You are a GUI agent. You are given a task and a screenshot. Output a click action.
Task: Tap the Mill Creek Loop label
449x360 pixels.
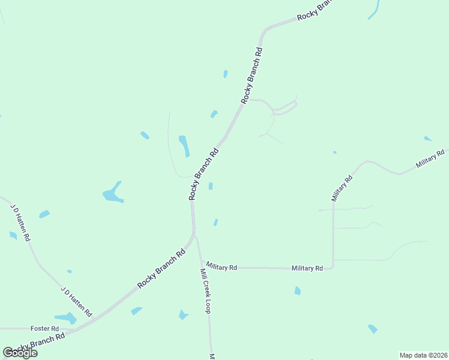click(x=205, y=290)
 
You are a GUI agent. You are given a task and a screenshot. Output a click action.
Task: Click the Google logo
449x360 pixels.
click(x=20, y=353)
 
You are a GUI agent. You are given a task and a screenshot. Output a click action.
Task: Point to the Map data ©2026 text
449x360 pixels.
click(x=423, y=355)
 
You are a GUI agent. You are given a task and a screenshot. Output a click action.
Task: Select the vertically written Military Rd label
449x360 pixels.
click(x=342, y=188)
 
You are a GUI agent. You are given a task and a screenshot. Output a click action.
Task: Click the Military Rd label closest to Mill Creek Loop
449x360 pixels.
click(x=221, y=266)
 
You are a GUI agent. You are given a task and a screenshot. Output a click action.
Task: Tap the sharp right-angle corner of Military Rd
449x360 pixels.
click(x=333, y=268)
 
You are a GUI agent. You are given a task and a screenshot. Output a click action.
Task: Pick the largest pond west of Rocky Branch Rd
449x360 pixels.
click(x=112, y=193)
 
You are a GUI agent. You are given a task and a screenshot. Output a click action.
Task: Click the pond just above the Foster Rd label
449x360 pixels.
click(x=65, y=317)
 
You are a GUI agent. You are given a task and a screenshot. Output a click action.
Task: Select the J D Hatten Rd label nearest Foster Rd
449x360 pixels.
click(x=76, y=302)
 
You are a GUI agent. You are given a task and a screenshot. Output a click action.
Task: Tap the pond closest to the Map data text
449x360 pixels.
click(x=373, y=329)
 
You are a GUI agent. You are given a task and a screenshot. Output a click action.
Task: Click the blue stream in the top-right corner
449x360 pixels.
click(x=375, y=10)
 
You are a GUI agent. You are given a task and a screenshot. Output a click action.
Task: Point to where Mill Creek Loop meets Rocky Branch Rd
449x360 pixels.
click(x=195, y=237)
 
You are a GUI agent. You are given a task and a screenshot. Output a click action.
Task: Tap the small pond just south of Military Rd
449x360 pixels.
click(x=297, y=291)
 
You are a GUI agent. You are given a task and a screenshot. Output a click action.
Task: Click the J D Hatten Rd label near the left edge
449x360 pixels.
click(x=20, y=222)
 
